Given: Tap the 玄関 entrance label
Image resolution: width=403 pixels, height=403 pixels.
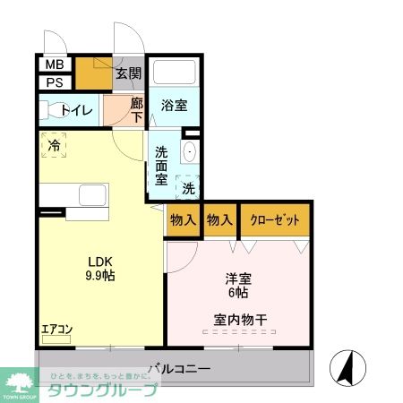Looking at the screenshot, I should coord(128,74).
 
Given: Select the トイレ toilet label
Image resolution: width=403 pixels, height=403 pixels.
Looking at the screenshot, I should coord(75,111).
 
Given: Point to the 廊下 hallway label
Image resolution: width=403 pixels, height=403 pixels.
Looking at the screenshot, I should coord(136,110).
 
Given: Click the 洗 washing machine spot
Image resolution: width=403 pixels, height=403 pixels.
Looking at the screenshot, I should coord(188,188).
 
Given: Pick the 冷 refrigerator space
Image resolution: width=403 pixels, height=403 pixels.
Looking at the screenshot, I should coord(55,145).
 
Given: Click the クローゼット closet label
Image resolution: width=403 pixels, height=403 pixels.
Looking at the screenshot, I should coord(274,219).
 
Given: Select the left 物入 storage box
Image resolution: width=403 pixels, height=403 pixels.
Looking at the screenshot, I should coord(183,219).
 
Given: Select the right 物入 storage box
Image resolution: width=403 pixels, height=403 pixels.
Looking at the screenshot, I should coord(219,219).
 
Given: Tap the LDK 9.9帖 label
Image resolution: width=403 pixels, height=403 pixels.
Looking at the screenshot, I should coord(100,268).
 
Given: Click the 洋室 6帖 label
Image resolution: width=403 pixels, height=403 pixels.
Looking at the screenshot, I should coord(237,286).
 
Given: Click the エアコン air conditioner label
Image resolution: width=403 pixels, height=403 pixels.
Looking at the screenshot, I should coord(56,329).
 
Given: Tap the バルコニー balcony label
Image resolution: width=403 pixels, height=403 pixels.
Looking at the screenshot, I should coord(179,368).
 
